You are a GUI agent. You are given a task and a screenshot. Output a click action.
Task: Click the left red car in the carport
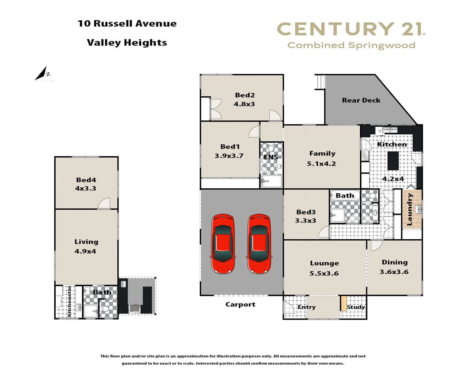tap(223, 244)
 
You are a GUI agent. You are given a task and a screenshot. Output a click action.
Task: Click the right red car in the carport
tap(259, 244)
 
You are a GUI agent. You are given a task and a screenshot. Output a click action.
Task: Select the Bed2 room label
tap(245, 95)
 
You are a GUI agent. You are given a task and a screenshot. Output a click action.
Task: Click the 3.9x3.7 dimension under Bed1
tap(229, 156)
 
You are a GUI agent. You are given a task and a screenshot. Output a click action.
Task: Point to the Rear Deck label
tap(361, 100)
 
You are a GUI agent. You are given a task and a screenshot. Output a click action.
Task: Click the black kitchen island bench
tap(393, 161)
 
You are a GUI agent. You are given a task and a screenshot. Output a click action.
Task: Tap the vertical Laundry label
tap(410, 209)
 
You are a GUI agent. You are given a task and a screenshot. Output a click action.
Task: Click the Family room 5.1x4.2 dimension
tap(321, 164)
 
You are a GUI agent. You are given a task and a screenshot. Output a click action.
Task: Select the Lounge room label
tap(324, 263)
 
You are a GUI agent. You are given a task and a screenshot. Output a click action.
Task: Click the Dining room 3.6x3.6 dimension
tap(394, 272)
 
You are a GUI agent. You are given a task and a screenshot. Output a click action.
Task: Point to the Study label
tap(356, 307)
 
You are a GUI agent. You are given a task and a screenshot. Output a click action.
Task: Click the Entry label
tap(306, 307)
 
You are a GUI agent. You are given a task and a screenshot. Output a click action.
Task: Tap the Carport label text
tap(240, 304)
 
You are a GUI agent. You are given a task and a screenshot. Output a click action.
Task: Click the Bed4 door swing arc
tap(104, 204)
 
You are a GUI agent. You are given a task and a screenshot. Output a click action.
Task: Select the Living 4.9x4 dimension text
tap(85, 251)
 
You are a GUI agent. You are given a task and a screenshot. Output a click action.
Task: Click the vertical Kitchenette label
tap(69, 301)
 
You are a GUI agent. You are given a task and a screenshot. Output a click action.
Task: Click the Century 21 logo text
tap(351, 29)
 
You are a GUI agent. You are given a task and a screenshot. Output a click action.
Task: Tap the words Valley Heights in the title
tap(127, 42)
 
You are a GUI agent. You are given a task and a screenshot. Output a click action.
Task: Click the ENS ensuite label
tap(271, 157)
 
